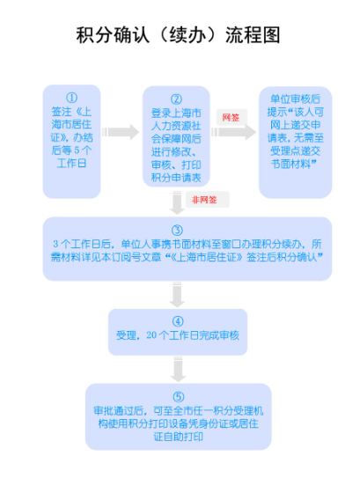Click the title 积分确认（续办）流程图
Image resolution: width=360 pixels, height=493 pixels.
(x=178, y=34)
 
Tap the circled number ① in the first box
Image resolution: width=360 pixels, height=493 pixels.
(x=71, y=98)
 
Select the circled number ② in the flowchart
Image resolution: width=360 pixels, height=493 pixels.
(x=176, y=99)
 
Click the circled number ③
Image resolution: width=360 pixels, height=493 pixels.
(x=177, y=230)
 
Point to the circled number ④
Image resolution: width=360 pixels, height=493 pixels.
(x=178, y=321)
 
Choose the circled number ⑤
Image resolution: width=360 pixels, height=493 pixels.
(x=179, y=397)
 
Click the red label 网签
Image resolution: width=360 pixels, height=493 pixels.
(x=231, y=118)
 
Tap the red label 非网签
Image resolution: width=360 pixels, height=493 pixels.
(x=204, y=200)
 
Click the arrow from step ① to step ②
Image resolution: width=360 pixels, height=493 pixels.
(x=120, y=132)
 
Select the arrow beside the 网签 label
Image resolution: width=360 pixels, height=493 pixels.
(x=233, y=132)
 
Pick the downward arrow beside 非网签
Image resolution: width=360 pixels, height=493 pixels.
(x=177, y=202)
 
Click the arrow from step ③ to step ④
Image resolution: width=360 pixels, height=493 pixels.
(x=177, y=294)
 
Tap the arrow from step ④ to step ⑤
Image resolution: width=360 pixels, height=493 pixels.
(x=178, y=369)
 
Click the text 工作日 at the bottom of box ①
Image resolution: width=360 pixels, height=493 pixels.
(x=71, y=163)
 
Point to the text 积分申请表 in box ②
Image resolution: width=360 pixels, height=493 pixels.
(x=176, y=178)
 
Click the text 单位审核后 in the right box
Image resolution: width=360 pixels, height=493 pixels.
(x=295, y=99)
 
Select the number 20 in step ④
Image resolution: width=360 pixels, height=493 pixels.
(x=151, y=335)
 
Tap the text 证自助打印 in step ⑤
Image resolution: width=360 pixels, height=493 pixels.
(x=178, y=437)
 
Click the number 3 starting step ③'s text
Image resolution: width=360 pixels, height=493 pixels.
(x=55, y=244)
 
